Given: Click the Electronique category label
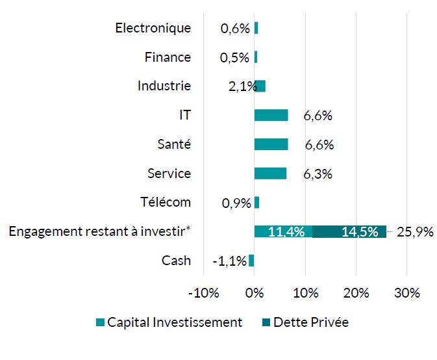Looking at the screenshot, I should [153, 28].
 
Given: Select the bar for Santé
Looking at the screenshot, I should [271, 144].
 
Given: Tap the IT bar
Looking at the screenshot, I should [271, 115].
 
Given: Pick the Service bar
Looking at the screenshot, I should [270, 174].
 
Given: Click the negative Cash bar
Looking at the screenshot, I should [251, 261].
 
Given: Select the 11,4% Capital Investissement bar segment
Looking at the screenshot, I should [283, 231].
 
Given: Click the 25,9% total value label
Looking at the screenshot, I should [415, 232].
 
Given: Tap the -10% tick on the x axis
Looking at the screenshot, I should [203, 293].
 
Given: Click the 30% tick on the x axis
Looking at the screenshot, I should [406, 293].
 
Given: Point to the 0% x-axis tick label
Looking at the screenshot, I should [255, 293].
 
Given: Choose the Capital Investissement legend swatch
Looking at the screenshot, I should [100, 323].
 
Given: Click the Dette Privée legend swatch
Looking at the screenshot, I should [266, 323].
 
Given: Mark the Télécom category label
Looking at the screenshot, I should [166, 202].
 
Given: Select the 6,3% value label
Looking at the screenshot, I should [318, 174].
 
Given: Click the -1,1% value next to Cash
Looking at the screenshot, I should [230, 261].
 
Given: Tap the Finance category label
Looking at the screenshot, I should [168, 57].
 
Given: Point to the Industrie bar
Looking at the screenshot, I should [260, 86].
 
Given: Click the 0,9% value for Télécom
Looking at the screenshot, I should [236, 203].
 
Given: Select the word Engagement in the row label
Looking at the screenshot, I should [40, 232].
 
